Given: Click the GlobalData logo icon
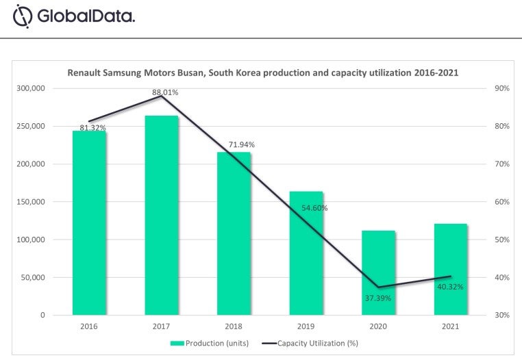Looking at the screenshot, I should coord(23,16).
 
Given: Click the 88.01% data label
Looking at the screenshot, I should coord(165,92).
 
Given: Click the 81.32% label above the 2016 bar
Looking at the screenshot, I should coord(92,127).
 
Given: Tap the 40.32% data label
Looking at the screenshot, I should coord(449,287).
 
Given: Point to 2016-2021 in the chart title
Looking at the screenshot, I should coord(434,72).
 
